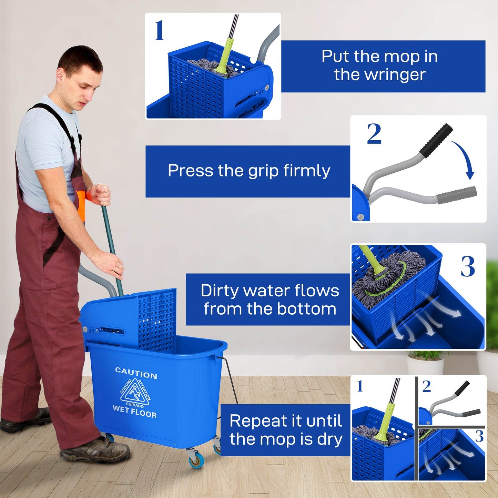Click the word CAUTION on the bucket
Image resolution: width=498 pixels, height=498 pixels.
point(136,373)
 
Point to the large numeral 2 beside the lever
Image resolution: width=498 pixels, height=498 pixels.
point(374,134)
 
